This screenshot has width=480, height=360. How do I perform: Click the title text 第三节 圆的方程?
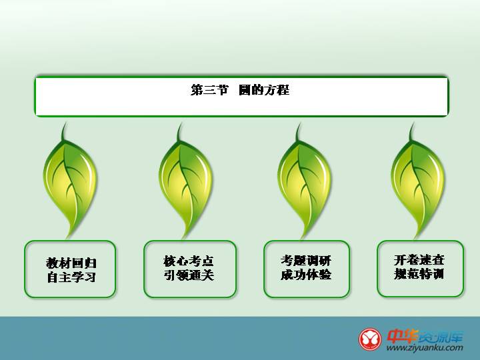pos(240,90)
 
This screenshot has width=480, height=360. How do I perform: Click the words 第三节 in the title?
pos(209,90)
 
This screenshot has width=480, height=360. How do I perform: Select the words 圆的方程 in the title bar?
pos(264,90)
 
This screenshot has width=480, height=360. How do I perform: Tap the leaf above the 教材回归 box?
pos(70,181)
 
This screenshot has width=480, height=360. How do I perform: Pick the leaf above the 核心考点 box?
pos(186,181)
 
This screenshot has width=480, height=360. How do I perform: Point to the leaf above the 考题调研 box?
pos(304,181)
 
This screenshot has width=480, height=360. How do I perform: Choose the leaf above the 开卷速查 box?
pos(418,181)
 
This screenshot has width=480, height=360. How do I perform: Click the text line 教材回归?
pos(71,263)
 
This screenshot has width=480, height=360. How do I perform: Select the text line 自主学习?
pos(71,277)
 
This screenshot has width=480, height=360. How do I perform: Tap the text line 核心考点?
pos(189,261)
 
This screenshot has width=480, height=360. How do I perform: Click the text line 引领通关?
pos(189,275)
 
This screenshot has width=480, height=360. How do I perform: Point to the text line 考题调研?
pos(306,261)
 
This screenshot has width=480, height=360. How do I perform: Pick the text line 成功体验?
pos(306,274)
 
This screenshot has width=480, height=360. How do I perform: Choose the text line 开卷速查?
pos(419,260)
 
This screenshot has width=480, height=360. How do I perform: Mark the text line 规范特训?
pos(419,274)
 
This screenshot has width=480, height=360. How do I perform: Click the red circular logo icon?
pos(370,339)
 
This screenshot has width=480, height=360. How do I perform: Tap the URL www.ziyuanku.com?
pos(425,348)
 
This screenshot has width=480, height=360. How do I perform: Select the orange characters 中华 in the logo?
pos(402,336)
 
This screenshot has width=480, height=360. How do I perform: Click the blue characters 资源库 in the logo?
pos(441,337)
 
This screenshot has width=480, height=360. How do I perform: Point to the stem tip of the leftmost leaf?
pos(65,123)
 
